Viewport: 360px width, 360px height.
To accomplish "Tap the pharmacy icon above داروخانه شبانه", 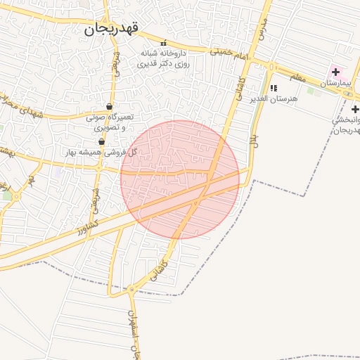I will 164,43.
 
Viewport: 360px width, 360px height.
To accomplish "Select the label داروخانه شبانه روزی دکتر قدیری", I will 165,58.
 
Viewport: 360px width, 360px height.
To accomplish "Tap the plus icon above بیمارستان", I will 335,72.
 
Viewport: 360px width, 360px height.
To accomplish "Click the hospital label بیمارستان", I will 340,84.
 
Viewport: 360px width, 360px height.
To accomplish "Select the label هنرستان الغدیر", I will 274,99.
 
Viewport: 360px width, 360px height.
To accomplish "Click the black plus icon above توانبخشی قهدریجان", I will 355,109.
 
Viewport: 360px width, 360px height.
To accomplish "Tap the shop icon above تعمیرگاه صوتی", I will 109,106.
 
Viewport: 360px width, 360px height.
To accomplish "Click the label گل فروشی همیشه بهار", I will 101,152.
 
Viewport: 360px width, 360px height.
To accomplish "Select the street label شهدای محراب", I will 21,105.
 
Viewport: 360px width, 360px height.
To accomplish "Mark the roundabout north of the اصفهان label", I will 130,289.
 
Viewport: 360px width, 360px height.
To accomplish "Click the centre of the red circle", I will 180,179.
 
